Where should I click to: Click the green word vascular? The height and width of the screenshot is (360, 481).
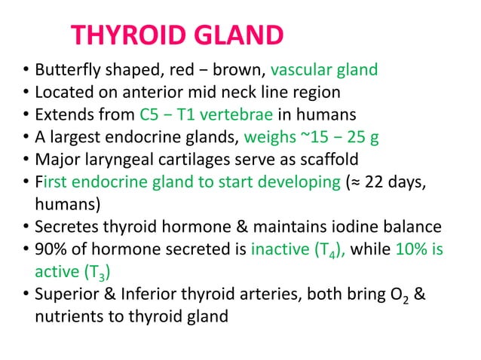(301, 72)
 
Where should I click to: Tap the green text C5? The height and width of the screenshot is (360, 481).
(150, 115)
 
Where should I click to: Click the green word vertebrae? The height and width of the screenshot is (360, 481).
(231, 115)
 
